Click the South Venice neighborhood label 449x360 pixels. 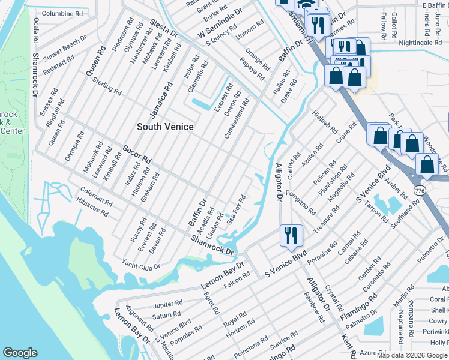tap(165, 127)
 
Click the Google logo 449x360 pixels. tap(20, 353)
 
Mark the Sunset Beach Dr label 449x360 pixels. tap(66, 43)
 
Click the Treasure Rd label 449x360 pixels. tap(326, 220)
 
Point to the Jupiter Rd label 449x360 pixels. tap(167, 304)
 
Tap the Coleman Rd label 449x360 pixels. tap(95, 197)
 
